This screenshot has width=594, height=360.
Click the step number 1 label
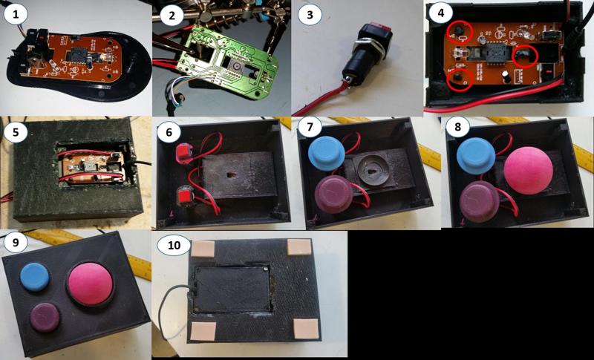(15, 15)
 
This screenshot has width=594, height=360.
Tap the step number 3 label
(310, 15)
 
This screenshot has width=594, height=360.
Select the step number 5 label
(14, 131)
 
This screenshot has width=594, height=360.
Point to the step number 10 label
(174, 245)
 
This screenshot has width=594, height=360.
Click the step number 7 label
(310, 127)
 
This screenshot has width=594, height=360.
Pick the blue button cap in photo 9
(34, 277)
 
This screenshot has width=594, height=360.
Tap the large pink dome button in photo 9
(90, 284)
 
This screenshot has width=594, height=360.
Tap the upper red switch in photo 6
(184, 154)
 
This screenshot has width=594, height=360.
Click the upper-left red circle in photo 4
(459, 33)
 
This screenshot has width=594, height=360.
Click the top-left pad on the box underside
(203, 249)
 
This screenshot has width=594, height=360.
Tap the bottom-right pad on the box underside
(306, 330)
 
